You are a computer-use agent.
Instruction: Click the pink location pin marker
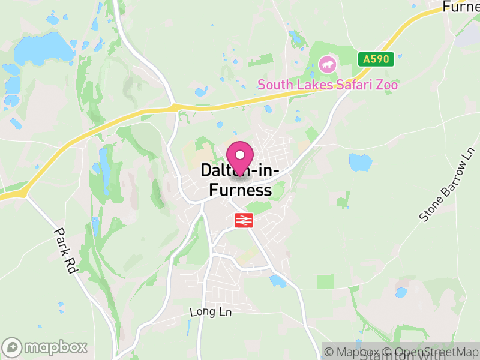[x=241, y=158]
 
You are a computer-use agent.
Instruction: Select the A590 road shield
[x=376, y=59]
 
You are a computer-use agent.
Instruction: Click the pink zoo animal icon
[x=327, y=64]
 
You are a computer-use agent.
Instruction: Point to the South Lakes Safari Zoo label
[x=328, y=85]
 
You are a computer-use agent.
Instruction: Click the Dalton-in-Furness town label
[x=240, y=181]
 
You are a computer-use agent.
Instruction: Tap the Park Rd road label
[x=66, y=250]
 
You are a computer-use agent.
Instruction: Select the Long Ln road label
[x=210, y=312]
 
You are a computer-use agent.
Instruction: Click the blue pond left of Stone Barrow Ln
[x=360, y=161]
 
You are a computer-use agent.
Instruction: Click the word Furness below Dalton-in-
[x=240, y=191]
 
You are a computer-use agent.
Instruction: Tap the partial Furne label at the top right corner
[x=461, y=7]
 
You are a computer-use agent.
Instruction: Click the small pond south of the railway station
[x=277, y=281]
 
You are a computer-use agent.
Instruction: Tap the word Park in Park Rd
[x=62, y=239]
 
